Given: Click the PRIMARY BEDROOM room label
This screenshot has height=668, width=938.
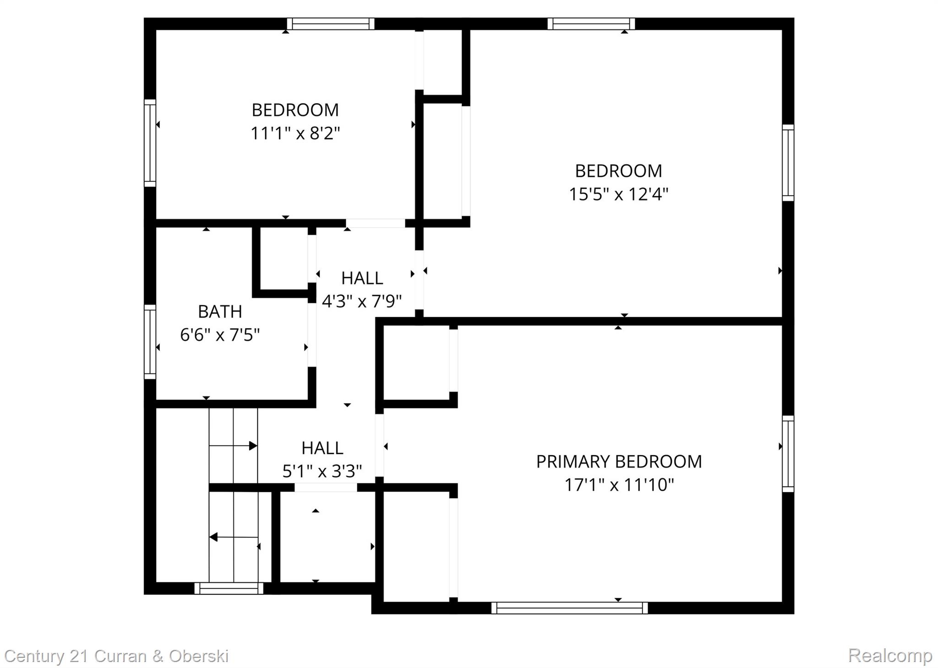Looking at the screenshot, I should [x=619, y=461].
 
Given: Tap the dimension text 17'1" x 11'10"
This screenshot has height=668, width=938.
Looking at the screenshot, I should [x=619, y=485].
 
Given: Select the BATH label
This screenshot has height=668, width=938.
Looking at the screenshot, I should [x=220, y=312].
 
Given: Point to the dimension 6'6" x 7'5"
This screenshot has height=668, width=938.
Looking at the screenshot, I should [x=220, y=335].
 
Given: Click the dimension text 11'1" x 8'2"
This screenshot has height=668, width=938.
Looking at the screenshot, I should [x=295, y=133].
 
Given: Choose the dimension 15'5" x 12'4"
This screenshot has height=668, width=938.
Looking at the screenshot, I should [x=618, y=194].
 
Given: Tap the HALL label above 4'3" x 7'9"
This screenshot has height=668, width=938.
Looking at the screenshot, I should [x=362, y=278].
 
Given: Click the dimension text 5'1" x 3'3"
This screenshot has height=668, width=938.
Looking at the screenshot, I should [x=322, y=471].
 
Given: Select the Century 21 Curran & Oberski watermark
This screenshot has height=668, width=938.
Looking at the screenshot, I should [x=116, y=656].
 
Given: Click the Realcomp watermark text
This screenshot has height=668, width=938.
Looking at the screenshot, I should [x=890, y=655].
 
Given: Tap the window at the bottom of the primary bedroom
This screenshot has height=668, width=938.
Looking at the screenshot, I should [x=570, y=608].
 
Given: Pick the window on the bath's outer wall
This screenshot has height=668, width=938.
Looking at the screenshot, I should [x=150, y=342].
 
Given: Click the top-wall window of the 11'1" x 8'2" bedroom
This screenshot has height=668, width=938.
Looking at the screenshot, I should [x=331, y=23].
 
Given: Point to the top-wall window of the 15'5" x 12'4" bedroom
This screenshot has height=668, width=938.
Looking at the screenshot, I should [x=591, y=23].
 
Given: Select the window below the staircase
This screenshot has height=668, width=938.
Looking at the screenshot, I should [x=229, y=588].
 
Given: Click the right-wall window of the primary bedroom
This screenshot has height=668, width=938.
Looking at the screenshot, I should [x=788, y=454].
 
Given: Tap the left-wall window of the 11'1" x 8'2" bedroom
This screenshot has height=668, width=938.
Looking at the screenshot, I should [x=150, y=143].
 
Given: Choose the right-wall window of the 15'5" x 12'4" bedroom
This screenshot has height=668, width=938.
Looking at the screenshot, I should [x=788, y=163].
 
